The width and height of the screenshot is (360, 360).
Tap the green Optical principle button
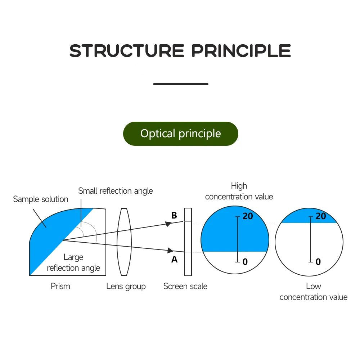click(180, 134)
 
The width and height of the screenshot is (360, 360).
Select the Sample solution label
click(40, 199)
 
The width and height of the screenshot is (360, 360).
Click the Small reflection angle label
click(116, 191)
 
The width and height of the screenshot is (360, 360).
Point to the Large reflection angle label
click(73, 262)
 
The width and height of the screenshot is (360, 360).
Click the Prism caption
click(60, 286)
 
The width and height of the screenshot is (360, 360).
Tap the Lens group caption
click(126, 287)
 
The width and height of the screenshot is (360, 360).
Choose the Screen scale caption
click(185, 286)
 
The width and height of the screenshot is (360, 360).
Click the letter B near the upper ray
click(174, 215)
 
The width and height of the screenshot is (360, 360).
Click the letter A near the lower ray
click(174, 259)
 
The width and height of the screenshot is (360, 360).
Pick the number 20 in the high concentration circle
click(248, 216)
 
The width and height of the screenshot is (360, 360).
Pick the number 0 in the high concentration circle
click(245, 262)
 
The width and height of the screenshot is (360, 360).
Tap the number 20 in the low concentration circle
click(320, 216)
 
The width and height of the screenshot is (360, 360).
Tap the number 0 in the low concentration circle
click(318, 262)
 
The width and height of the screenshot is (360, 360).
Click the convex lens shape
click(125, 242)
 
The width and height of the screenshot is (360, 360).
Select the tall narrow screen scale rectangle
click(188, 242)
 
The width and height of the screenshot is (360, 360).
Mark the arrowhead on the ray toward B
click(168, 224)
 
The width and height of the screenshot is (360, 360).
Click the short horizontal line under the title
click(180, 84)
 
